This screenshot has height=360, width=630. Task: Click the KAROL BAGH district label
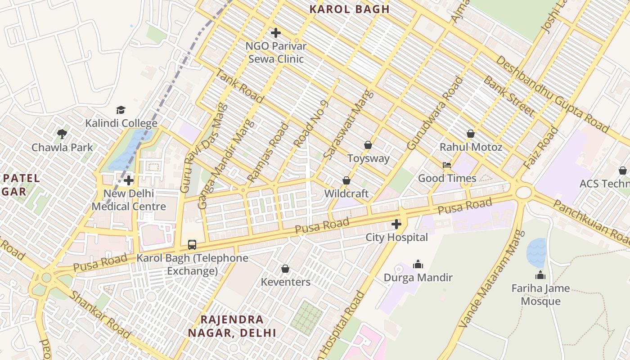click(350, 9)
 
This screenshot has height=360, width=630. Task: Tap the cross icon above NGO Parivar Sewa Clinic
click(276, 33)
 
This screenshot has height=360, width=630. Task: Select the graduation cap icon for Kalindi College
click(121, 110)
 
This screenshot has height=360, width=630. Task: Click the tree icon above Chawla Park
click(62, 134)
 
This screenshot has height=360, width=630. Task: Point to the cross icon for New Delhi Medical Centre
click(129, 180)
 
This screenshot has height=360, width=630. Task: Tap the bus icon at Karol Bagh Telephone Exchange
click(192, 245)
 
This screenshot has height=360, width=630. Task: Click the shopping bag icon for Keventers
click(285, 269)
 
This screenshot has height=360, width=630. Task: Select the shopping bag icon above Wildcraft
click(346, 180)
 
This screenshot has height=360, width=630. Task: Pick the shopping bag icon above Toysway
click(368, 145)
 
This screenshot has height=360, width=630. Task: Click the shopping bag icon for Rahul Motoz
click(471, 134)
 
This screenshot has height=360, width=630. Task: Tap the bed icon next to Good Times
click(447, 165)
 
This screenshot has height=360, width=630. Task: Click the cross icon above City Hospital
click(396, 224)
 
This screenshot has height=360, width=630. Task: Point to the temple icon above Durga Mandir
click(418, 264)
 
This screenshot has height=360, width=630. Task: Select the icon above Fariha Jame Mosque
click(540, 275)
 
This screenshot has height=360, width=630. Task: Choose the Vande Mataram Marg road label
click(492, 279)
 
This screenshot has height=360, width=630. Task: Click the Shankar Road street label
click(100, 315)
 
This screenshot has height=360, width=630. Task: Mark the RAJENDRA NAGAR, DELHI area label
click(232, 326)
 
